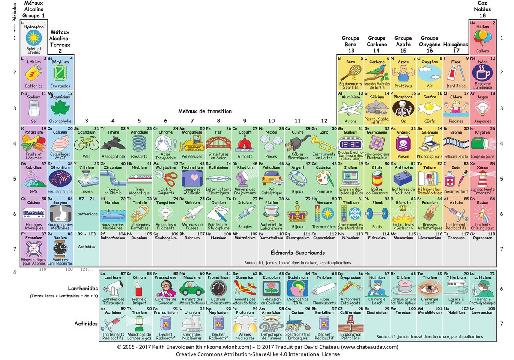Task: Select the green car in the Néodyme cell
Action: tap(192, 288)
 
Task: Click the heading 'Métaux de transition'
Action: tap(205, 111)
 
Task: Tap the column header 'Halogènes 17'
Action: tap(456, 47)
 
